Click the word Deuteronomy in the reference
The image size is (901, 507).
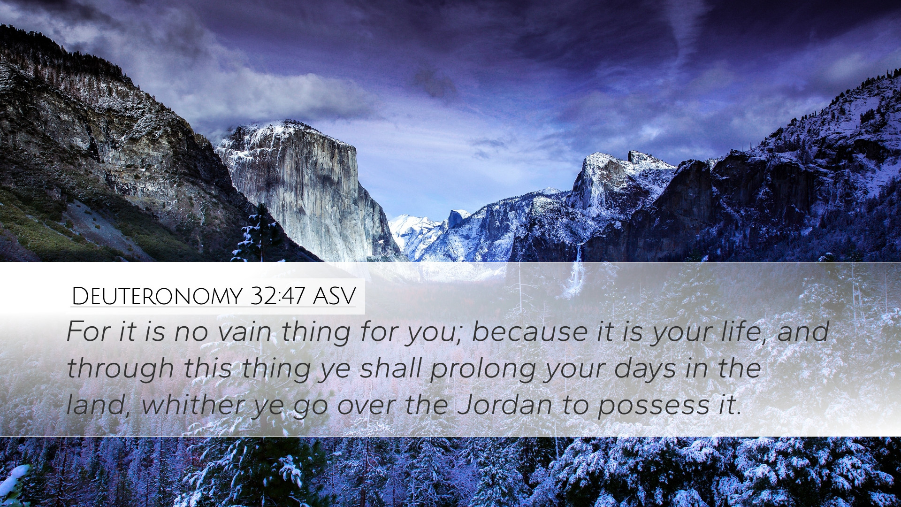coord(157,296)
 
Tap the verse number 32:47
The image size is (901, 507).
coord(278,296)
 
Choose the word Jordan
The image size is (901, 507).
coord(504,405)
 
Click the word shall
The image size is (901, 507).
coord(391,368)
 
